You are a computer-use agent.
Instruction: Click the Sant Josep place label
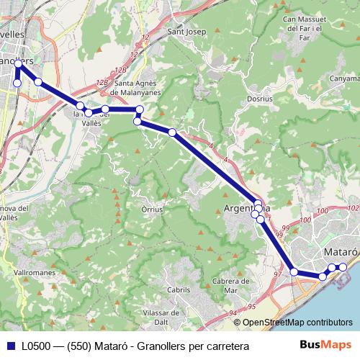(x=186, y=32)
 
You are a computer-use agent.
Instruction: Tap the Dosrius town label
(x=258, y=98)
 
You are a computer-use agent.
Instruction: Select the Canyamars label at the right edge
(x=344, y=78)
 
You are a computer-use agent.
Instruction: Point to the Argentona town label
(x=247, y=208)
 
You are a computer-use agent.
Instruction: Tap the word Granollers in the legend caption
(x=163, y=346)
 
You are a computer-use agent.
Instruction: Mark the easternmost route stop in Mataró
(x=343, y=267)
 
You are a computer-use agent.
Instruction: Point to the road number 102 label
(x=323, y=210)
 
